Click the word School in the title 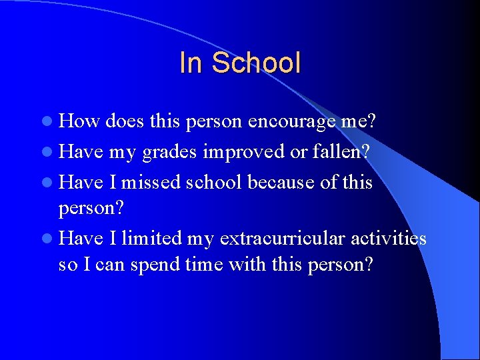(256, 63)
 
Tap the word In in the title (191, 63)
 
